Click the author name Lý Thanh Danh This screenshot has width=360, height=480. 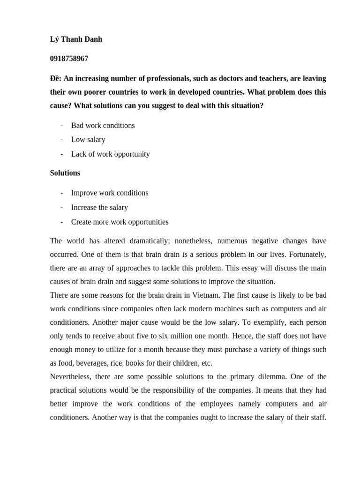[76, 39]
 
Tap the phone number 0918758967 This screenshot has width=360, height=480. [69, 59]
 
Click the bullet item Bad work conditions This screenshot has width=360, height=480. [103, 126]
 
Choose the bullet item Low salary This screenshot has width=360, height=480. [88, 140]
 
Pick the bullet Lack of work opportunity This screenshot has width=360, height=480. [110, 154]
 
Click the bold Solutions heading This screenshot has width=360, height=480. [65, 173]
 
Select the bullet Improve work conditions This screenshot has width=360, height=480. [110, 193]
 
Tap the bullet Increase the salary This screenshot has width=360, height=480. [99, 207]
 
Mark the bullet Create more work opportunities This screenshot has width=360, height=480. [120, 222]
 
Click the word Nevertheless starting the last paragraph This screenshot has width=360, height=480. [71, 377]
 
